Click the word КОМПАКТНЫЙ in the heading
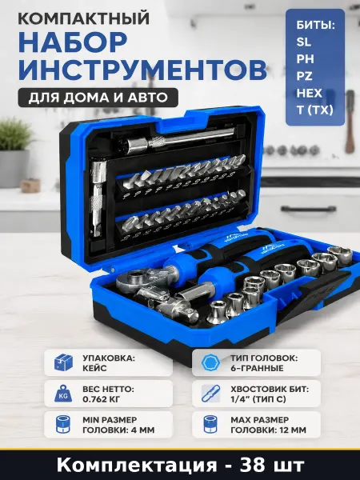coord(83,18)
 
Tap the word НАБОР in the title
coord(73,42)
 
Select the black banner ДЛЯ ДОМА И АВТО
coord(98,98)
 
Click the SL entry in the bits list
coord(303,42)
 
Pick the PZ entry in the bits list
coord(304,76)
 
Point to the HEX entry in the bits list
coord(309,93)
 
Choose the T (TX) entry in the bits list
coord(314,110)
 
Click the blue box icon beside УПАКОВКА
coord(63,362)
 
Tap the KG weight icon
coord(63,394)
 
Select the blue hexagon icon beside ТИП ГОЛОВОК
coord(211,362)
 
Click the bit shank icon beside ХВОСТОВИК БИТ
coord(211,394)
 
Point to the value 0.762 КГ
coord(102,399)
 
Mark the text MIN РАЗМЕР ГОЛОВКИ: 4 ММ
coord(118,425)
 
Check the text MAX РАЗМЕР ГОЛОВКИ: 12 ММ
coord(268,425)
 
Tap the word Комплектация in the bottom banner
coord(136,466)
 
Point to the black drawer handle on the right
coord(308,210)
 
